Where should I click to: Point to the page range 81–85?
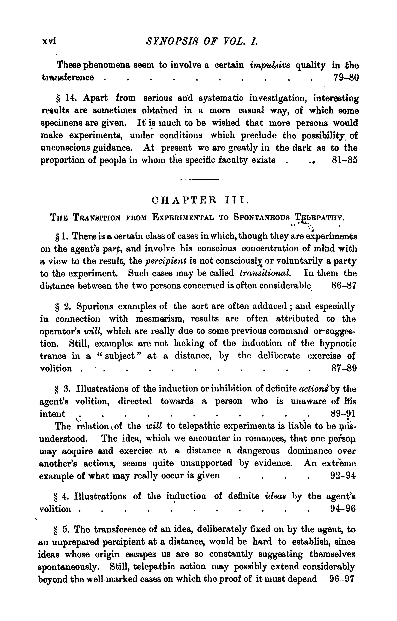pyautogui.click(x=345, y=160)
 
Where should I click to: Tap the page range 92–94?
pyautogui.click(x=343, y=475)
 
